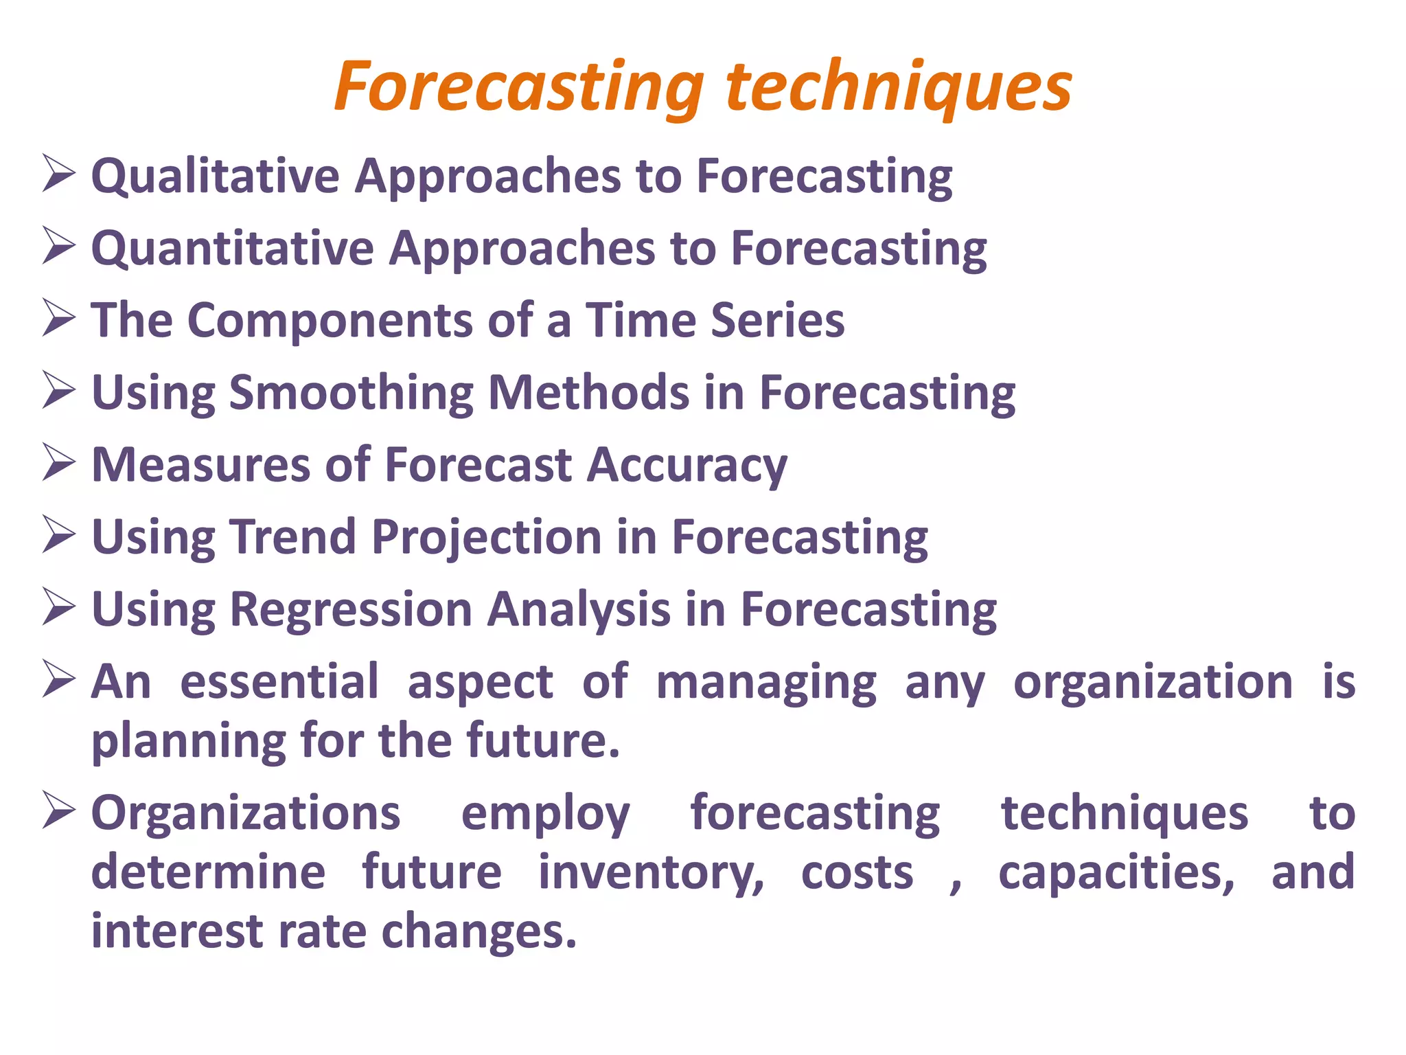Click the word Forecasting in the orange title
click(519, 88)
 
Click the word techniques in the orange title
click(899, 88)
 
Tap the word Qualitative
click(216, 176)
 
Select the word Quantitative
click(233, 248)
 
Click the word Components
click(330, 321)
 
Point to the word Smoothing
click(351, 393)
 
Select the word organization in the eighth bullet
click(1153, 682)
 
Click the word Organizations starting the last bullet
click(246, 814)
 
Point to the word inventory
click(651, 873)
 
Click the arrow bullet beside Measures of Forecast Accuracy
click(58, 462)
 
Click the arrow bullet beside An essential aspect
click(58, 679)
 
